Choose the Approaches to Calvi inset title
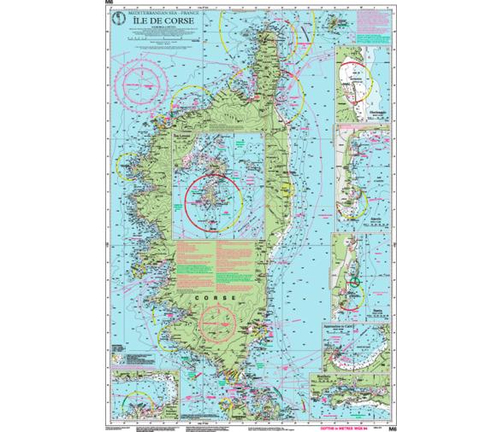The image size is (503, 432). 342,326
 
